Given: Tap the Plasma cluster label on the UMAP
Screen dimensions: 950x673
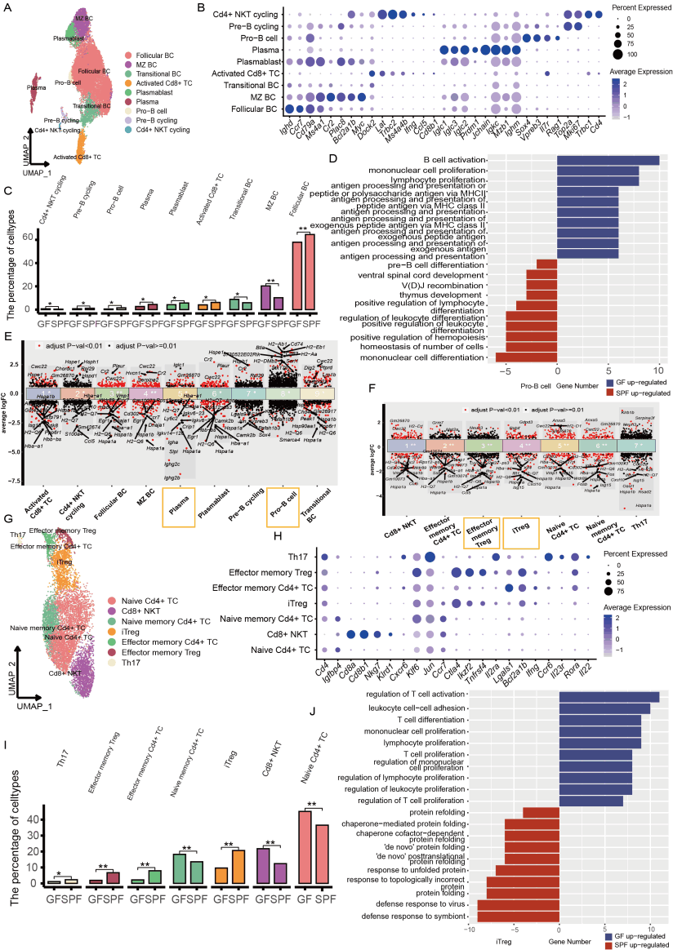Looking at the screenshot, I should point(35,87).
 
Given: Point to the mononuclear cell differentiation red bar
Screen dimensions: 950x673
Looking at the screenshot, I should point(526,357).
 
